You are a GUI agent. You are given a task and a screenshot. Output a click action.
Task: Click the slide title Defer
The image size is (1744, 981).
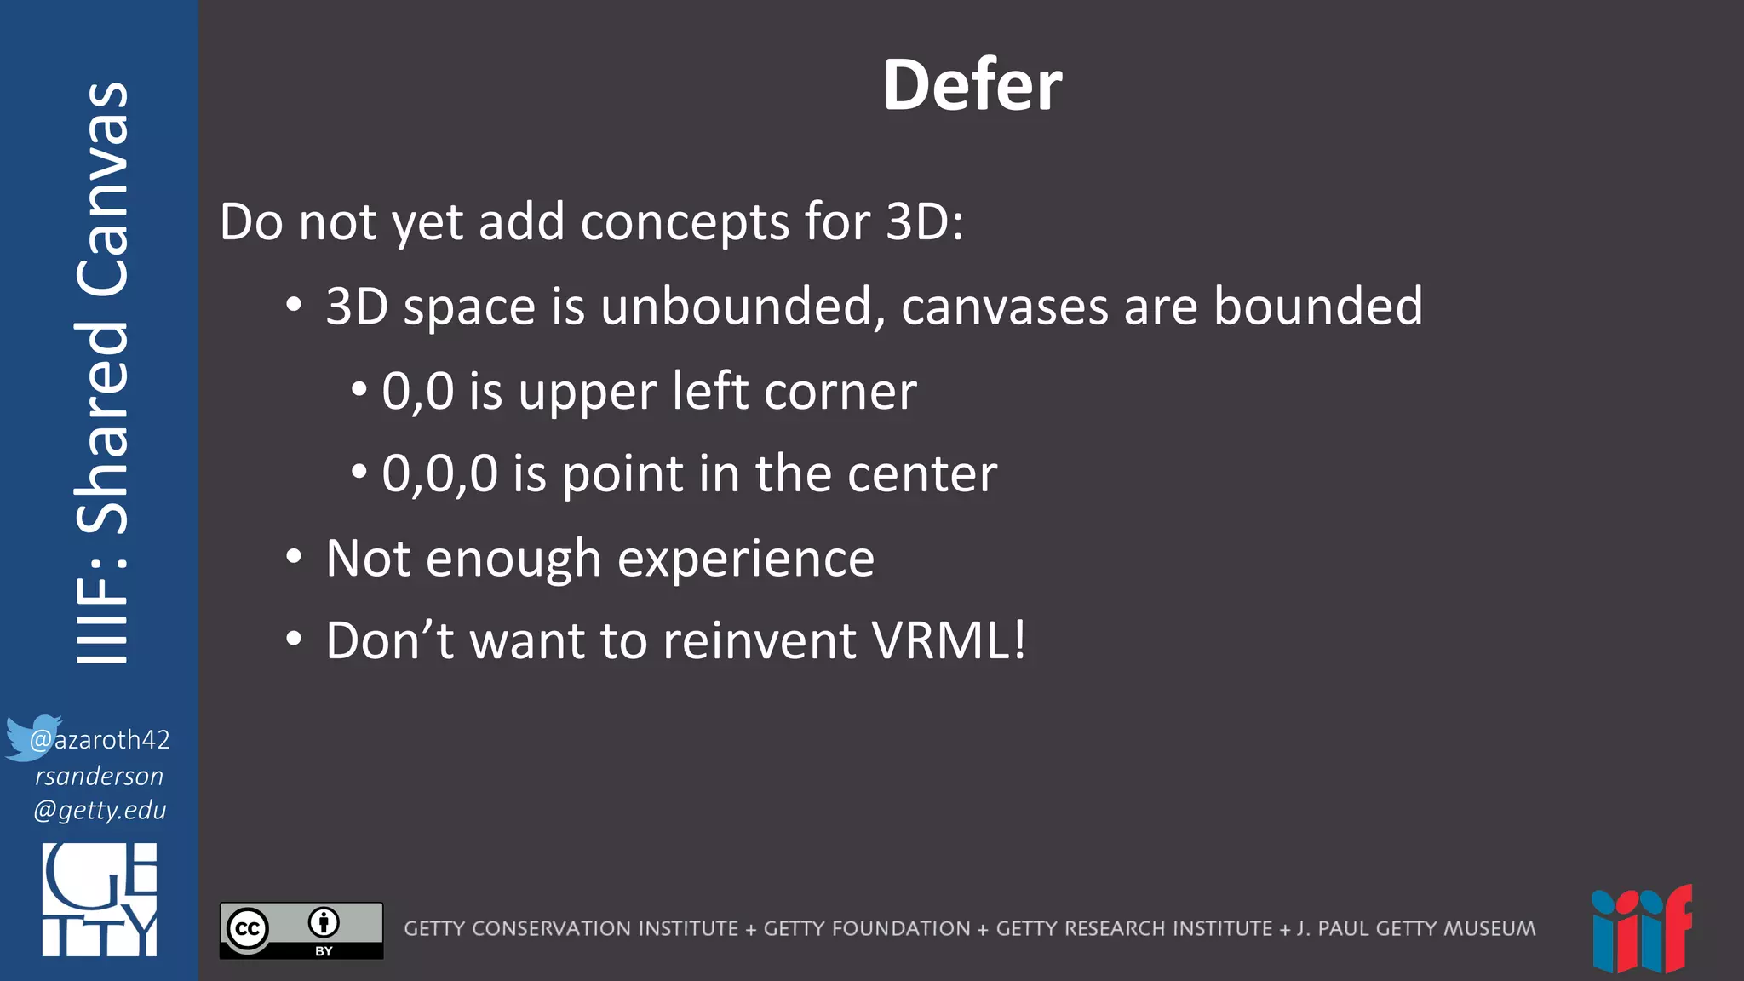pos(972,85)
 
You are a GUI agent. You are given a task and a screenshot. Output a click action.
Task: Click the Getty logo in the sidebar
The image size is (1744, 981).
pos(100,900)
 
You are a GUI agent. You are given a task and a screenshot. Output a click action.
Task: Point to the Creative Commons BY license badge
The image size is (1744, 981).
pos(301,930)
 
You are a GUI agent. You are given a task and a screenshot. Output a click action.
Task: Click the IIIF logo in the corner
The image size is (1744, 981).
pos(1641,929)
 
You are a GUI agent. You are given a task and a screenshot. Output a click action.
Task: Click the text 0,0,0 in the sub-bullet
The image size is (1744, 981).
pos(439,473)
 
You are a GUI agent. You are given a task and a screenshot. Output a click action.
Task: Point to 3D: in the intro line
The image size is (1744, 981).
pos(925,222)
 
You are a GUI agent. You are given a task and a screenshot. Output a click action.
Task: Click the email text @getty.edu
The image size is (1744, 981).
pos(100,810)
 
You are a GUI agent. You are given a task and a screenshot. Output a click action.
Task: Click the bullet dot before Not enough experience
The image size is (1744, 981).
pos(294,557)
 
